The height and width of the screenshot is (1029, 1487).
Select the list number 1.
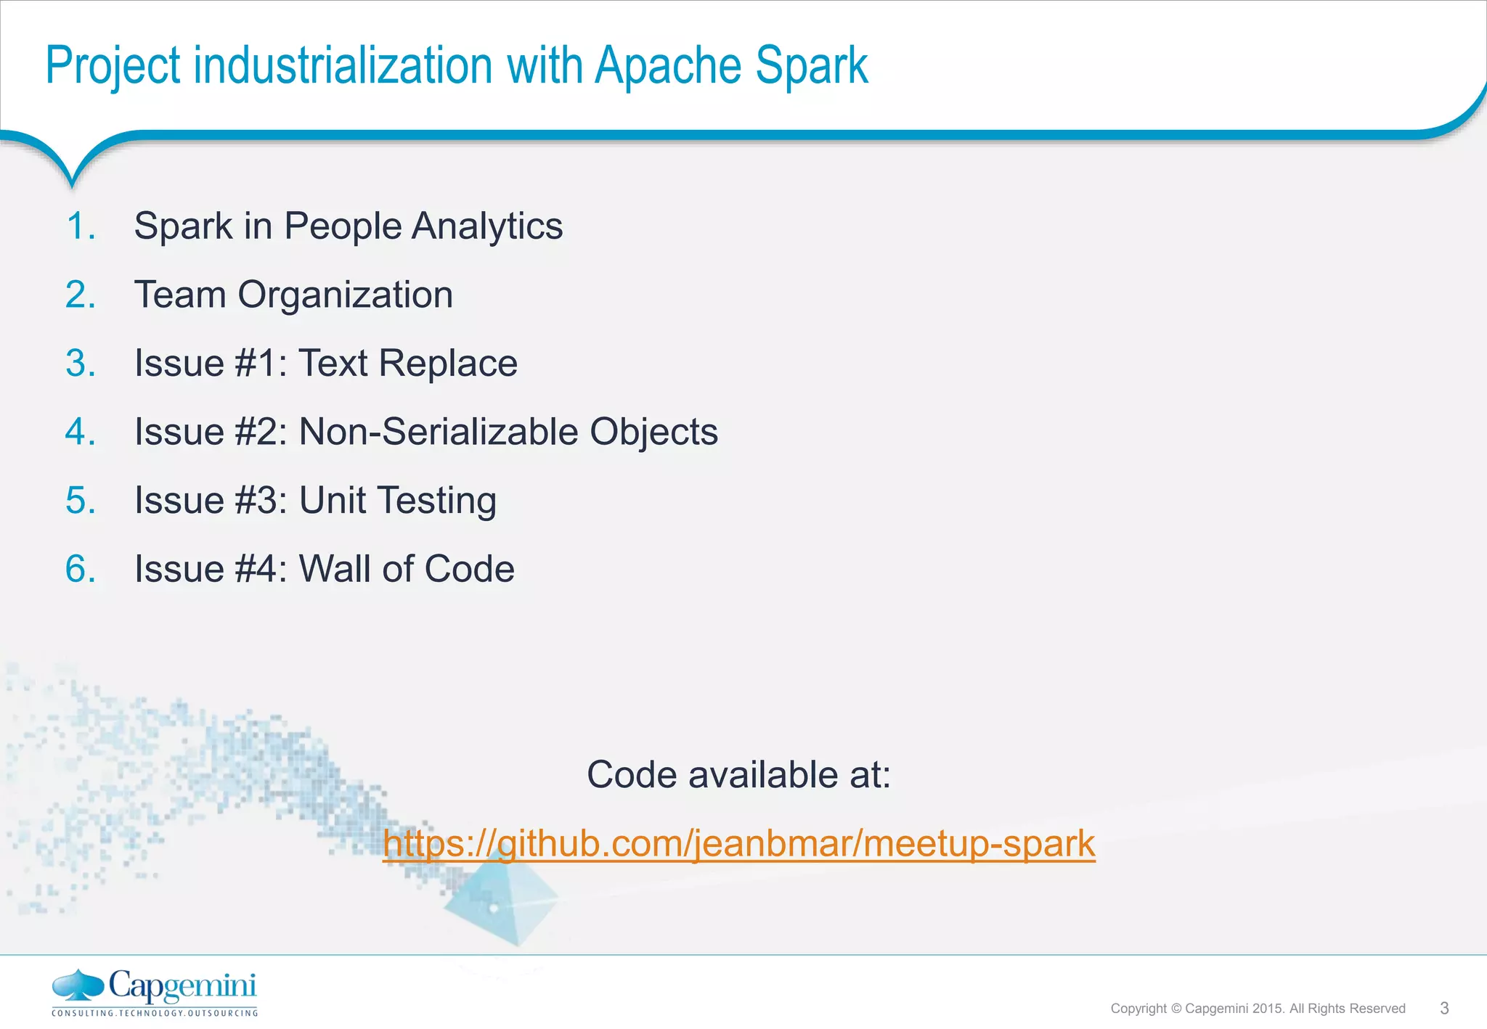(x=80, y=226)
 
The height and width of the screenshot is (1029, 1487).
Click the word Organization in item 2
(x=345, y=295)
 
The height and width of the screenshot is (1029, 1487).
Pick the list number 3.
(x=80, y=363)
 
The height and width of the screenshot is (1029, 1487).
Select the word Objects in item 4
(x=653, y=432)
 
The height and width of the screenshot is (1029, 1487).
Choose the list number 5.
(x=80, y=500)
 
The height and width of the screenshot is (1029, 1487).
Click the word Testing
(x=436, y=501)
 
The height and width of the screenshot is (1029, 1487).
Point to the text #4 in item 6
(x=256, y=568)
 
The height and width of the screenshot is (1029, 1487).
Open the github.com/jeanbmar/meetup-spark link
(x=738, y=843)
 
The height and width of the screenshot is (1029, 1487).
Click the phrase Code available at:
(x=738, y=774)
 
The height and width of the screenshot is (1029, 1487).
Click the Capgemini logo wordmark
(x=182, y=986)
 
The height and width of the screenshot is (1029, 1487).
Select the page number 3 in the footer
(x=1444, y=1008)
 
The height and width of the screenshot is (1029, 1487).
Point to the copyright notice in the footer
(x=1258, y=1009)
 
